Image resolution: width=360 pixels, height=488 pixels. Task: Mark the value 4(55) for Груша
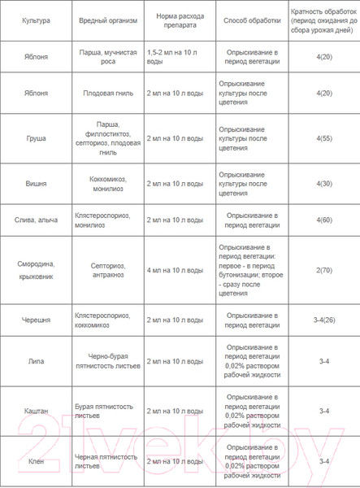pos(323,138)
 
